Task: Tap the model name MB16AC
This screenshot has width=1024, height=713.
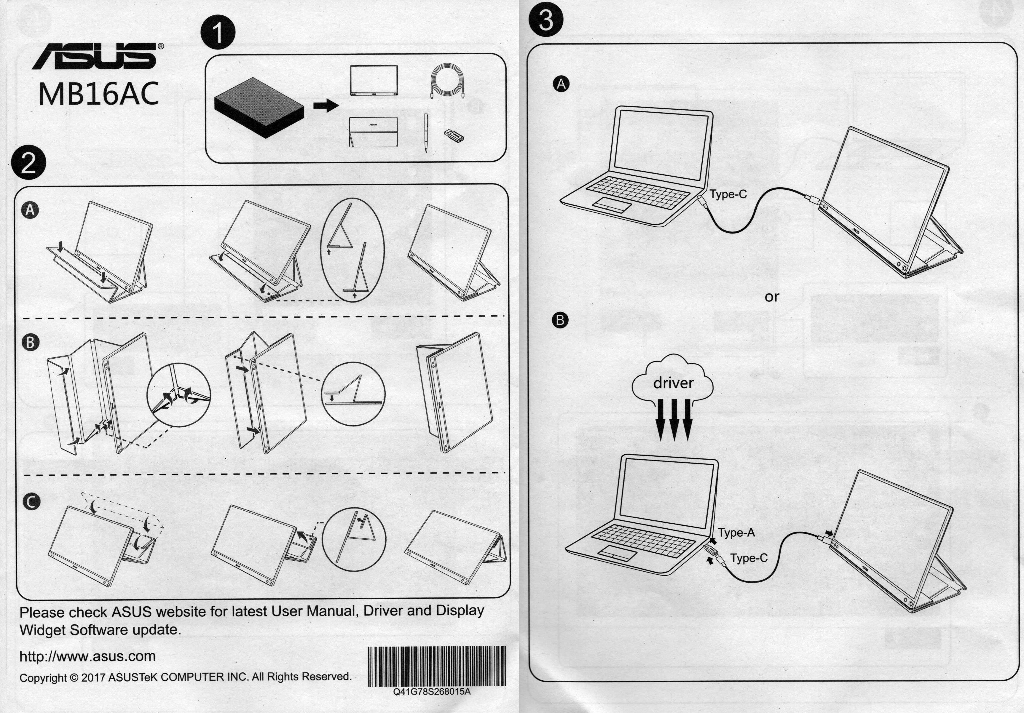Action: tap(98, 94)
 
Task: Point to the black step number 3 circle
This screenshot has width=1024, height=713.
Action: tap(546, 20)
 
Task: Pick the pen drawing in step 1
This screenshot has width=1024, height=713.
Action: tap(426, 132)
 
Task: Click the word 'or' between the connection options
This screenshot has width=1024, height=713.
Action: tap(772, 297)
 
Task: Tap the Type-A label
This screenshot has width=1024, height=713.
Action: tap(736, 533)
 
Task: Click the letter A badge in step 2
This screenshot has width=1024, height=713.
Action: tap(30, 210)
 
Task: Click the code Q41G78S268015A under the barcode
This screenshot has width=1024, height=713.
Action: tap(432, 692)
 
